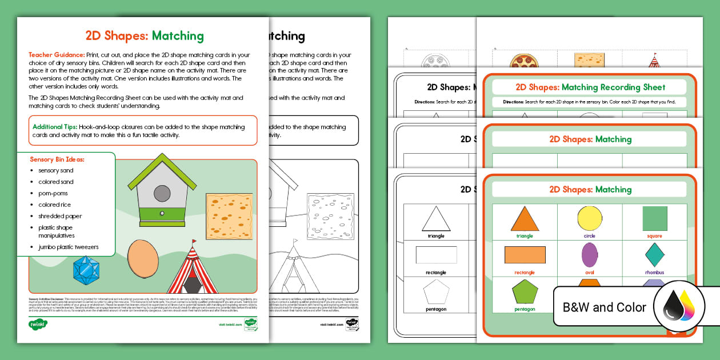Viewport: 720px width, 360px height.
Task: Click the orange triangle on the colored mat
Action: click(525, 219)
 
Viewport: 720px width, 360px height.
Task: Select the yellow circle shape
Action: click(589, 219)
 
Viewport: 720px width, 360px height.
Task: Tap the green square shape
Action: click(654, 219)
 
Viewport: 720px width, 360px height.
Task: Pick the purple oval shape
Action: click(589, 255)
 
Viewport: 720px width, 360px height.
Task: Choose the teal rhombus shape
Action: click(654, 255)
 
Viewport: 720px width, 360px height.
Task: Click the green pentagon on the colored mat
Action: click(525, 292)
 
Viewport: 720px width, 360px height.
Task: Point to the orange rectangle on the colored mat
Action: click(525, 255)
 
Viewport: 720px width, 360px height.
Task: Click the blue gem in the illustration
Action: click(86, 270)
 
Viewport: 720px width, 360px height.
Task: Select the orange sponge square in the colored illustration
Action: click(229, 217)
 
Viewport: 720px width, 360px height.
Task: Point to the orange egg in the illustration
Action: click(139, 258)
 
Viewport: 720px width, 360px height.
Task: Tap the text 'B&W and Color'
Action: click(605, 307)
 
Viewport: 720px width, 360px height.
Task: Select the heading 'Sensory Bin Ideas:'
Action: click(57, 159)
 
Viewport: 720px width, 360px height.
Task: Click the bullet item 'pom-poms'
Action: click(53, 193)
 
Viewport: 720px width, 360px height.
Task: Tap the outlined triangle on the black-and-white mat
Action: click(436, 219)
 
